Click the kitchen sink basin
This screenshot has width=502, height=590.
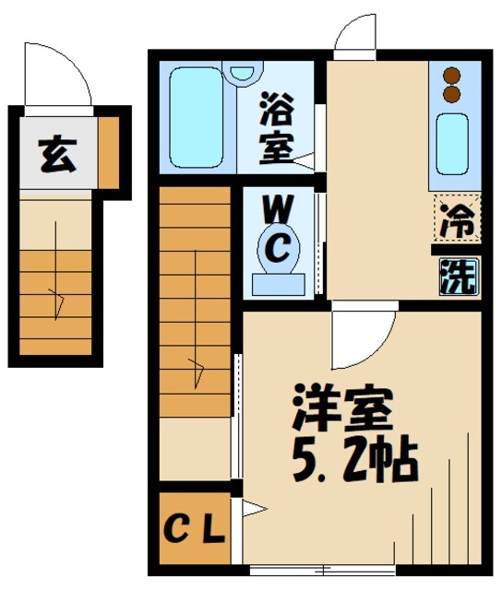pyautogui.click(x=451, y=140)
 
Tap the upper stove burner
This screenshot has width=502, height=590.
pyautogui.click(x=451, y=77)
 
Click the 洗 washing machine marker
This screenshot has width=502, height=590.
pyautogui.click(x=457, y=274)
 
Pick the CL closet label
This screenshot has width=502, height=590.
pyautogui.click(x=195, y=531)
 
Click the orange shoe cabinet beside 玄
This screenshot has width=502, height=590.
pyautogui.click(x=109, y=150)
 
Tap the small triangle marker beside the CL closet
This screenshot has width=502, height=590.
pyautogui.click(x=250, y=506)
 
